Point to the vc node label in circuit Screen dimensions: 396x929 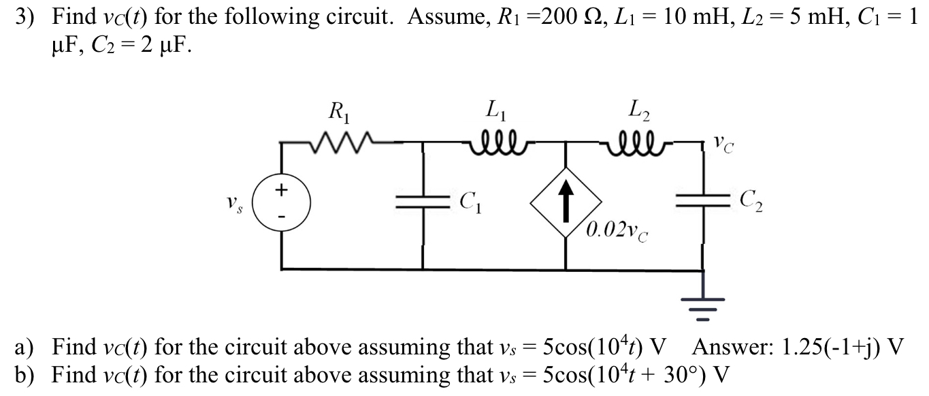(725, 144)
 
